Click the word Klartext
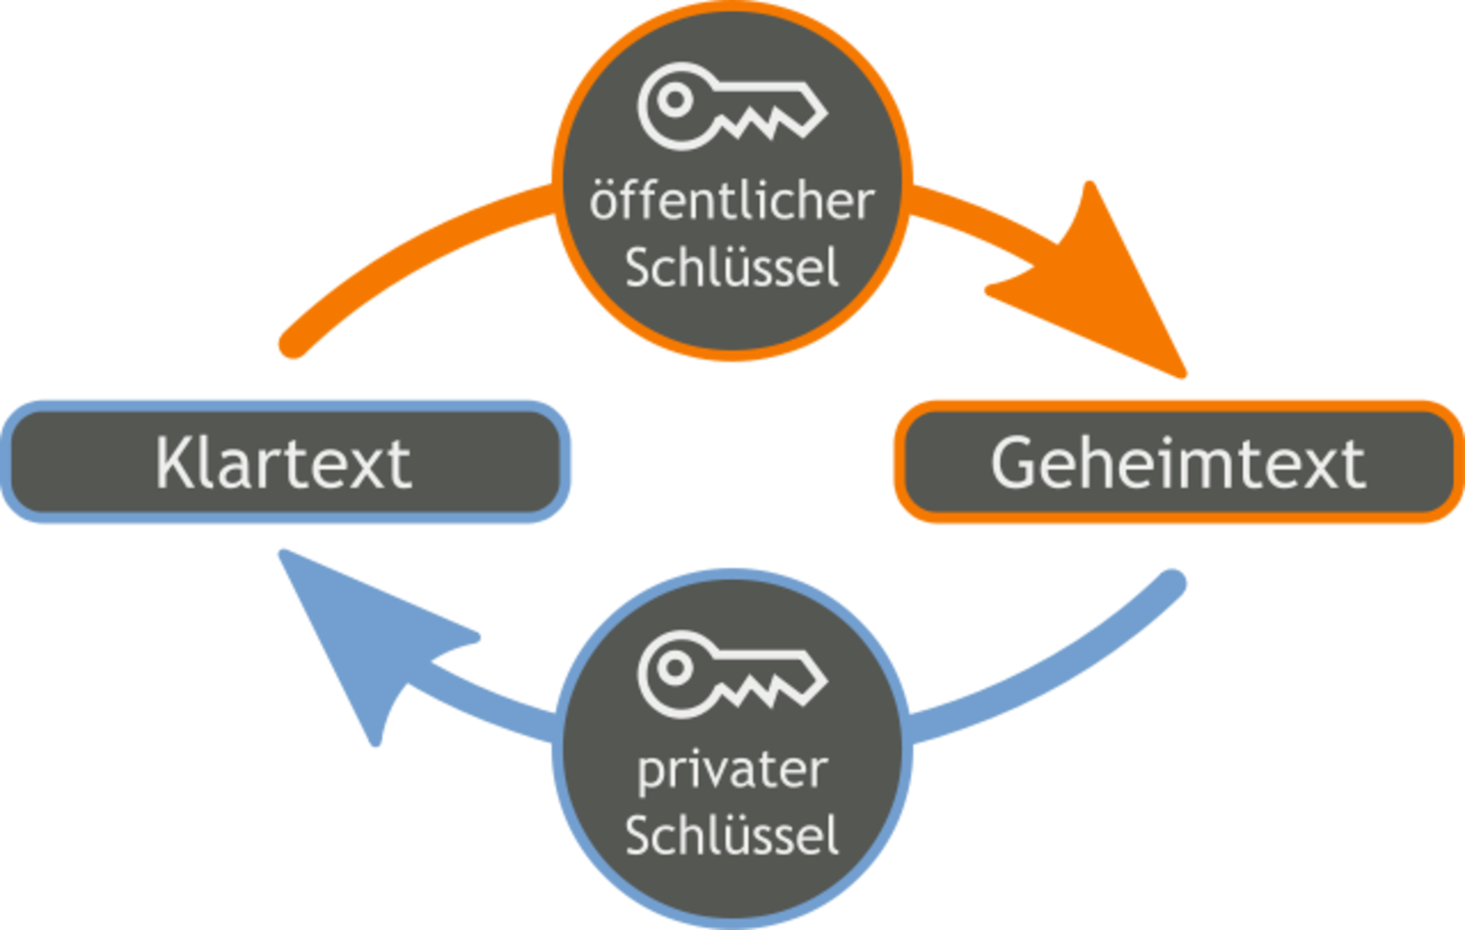pos(283,463)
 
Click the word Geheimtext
pos(1179,463)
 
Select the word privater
pos(732,773)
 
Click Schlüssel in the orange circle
pos(732,266)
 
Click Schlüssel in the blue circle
pos(732,834)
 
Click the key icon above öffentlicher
pos(732,106)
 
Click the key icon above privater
pos(732,674)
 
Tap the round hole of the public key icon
pos(675,100)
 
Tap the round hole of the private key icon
pos(675,668)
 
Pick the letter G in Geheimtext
pos(1013,463)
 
